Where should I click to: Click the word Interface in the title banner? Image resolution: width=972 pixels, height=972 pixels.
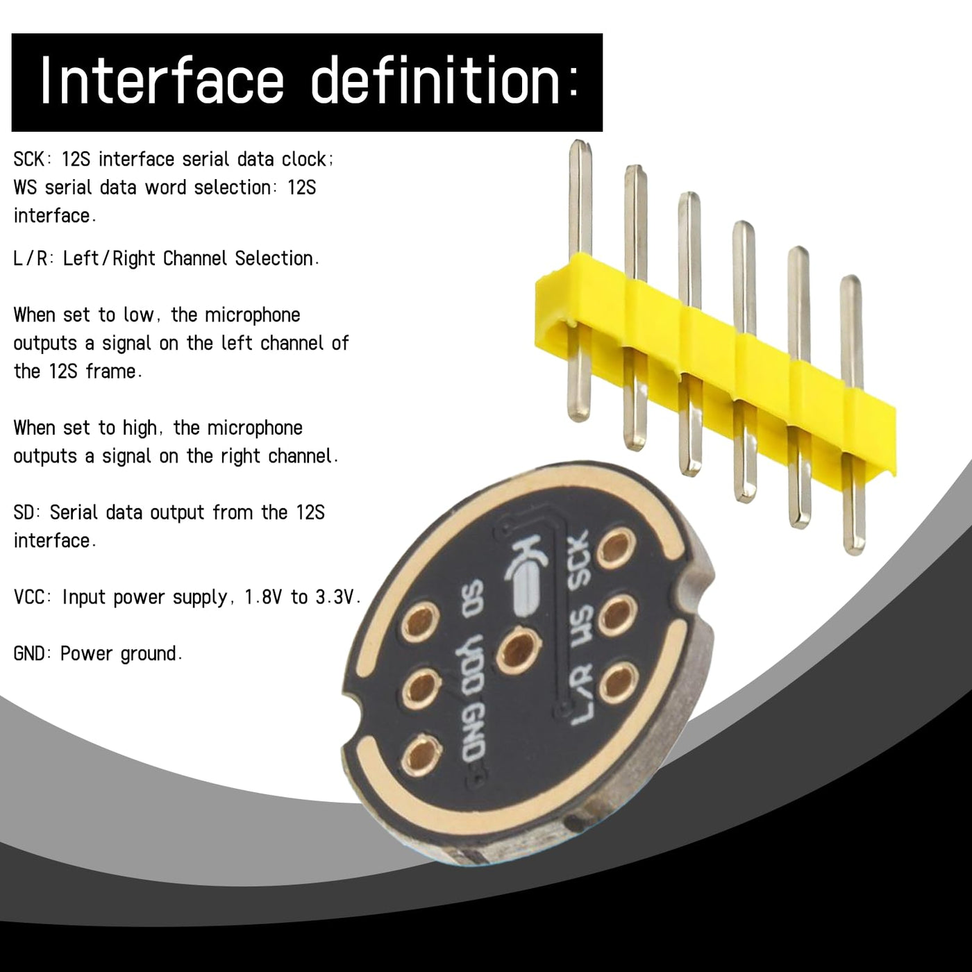click(162, 81)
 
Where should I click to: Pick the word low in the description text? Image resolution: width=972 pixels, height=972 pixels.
click(140, 315)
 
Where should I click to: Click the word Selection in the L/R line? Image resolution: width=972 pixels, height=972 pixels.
click(276, 258)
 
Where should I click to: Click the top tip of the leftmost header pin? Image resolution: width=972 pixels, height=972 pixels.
click(580, 142)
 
